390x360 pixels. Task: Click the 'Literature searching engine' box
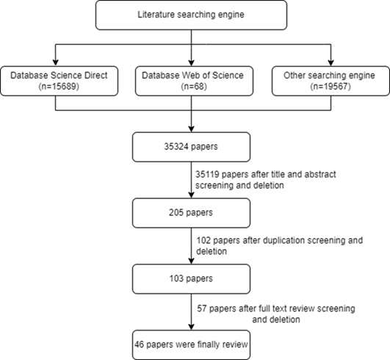191,15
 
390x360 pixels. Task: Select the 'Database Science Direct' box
59,81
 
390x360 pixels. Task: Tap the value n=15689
59,87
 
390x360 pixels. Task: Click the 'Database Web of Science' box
194,81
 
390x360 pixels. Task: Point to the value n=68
194,87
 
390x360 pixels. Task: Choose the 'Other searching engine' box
331,81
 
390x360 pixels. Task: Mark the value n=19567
331,87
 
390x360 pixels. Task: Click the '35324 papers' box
191,147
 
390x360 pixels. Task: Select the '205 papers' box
191,213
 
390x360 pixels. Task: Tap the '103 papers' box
191,279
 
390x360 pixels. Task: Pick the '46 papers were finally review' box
191,345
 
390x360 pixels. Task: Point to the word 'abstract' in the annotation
320,174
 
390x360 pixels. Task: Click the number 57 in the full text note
202,309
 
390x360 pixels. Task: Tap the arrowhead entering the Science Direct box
56,63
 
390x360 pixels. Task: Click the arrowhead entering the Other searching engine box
331,63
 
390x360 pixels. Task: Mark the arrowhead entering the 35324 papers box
191,129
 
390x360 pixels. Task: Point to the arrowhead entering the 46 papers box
191,327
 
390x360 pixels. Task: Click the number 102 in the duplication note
203,240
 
